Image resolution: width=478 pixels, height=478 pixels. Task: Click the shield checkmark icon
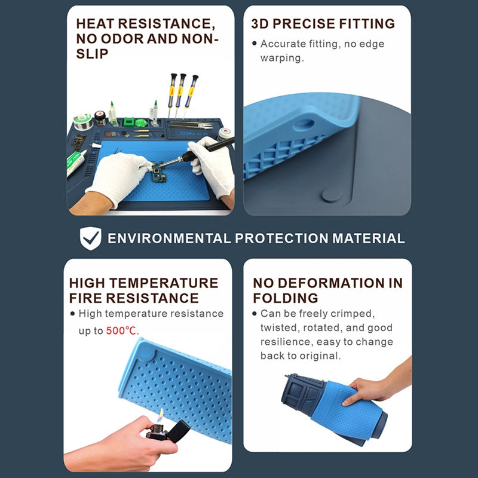click(90, 238)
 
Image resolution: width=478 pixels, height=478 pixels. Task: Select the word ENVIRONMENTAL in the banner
click(168, 238)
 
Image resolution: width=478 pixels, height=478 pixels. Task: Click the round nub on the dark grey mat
click(332, 194)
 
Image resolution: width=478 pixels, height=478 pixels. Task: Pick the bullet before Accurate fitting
click(255, 44)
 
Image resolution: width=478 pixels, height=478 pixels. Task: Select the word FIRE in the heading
click(89, 298)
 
